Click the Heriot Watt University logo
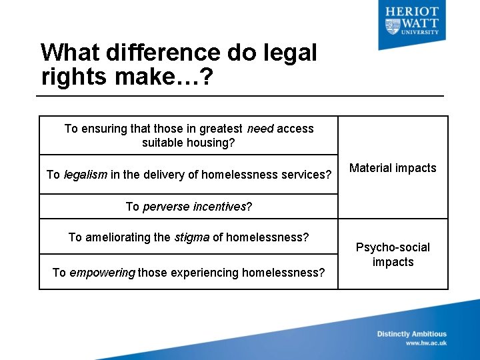[411, 21]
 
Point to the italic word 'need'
[260, 129]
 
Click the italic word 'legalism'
[87, 175]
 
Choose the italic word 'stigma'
[192, 237]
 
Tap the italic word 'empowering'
[102, 272]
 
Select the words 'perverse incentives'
[194, 207]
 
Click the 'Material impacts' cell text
[393, 168]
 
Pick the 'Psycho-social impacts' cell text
[393, 255]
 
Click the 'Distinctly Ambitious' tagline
[411, 334]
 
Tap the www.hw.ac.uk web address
[426, 343]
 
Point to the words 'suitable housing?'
[189, 143]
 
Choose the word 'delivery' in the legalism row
[167, 175]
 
